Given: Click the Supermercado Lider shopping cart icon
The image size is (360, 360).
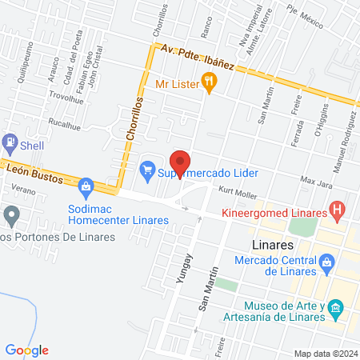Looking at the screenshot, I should click(x=146, y=170).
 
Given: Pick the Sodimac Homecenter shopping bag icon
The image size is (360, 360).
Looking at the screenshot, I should click(x=86, y=187).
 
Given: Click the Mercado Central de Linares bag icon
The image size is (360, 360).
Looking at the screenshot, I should click(x=326, y=262).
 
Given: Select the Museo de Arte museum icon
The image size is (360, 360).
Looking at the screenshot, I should click(x=336, y=308).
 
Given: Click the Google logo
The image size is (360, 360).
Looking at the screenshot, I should click(x=27, y=350).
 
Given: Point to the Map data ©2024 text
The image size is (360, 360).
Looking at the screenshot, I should click(x=325, y=353).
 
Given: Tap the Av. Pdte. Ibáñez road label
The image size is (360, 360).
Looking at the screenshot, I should click(x=198, y=58).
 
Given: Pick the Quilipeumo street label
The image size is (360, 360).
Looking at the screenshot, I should click(x=23, y=64).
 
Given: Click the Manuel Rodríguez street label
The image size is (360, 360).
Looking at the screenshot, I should click(x=346, y=133).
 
